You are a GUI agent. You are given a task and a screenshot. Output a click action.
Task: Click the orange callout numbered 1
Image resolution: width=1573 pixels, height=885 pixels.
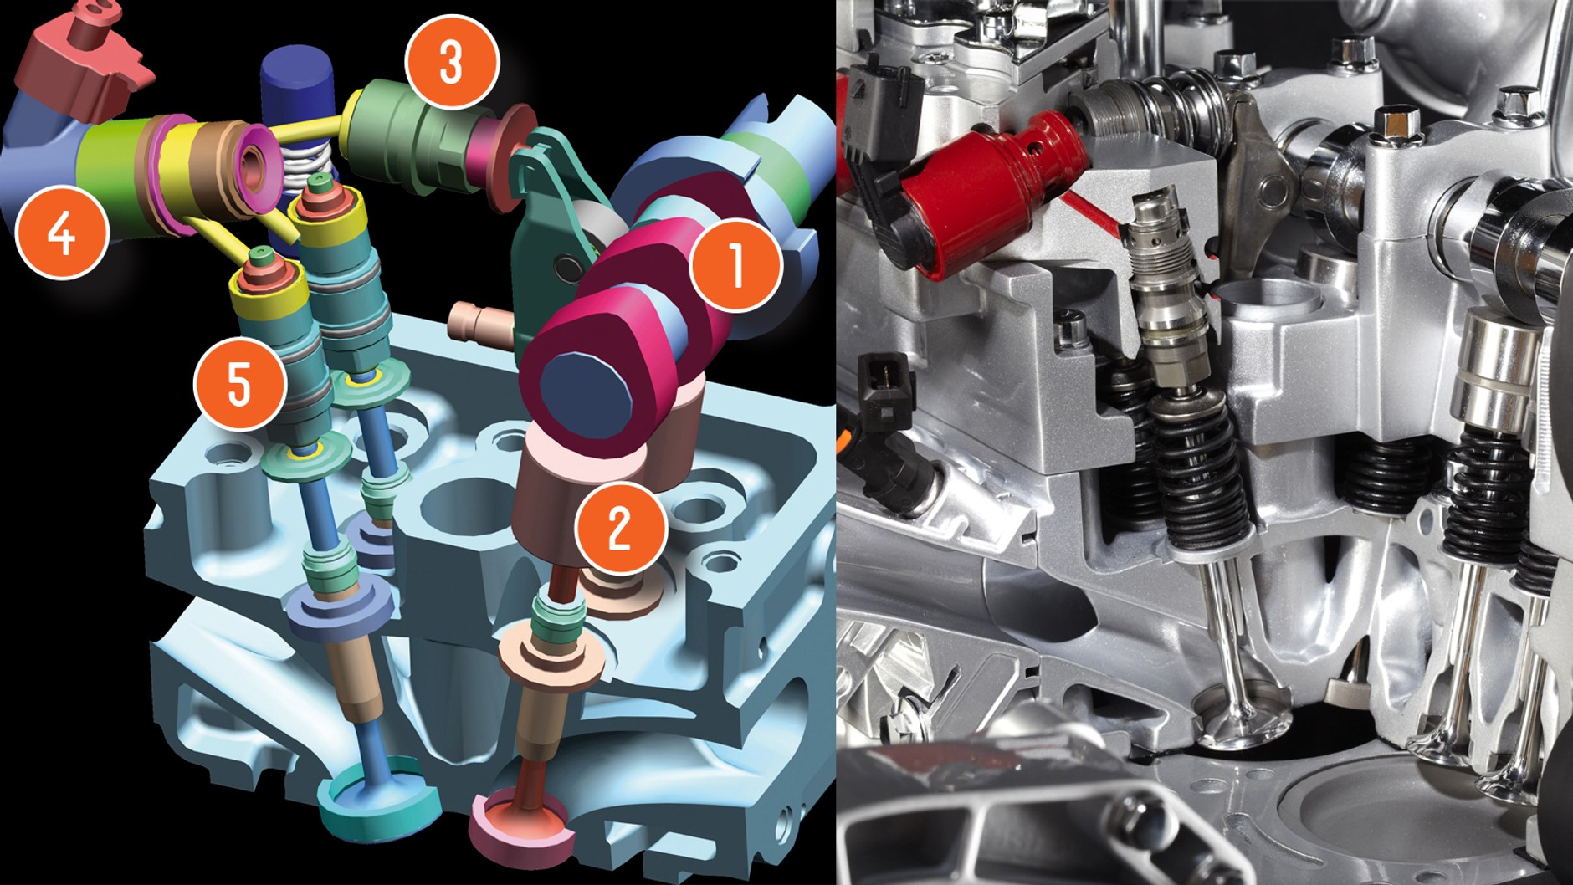735,266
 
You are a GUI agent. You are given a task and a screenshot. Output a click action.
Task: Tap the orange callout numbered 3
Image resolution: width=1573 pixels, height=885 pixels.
452,62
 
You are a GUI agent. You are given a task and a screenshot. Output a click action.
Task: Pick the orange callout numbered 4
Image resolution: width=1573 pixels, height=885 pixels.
63,232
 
